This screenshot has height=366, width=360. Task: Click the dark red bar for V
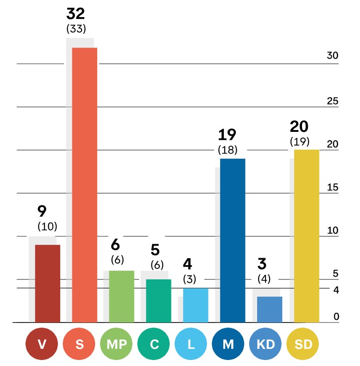[48, 283]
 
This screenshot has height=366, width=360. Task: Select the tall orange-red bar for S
[85, 185]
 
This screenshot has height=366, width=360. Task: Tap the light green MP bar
[122, 296]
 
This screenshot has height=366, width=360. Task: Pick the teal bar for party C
[159, 301]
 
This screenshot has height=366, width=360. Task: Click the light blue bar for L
[196, 305]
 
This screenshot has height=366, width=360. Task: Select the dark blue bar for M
[233, 240]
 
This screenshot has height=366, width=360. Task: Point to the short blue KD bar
[270, 309]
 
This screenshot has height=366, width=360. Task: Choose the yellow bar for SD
[307, 236]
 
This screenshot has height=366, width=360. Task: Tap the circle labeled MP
[115, 345]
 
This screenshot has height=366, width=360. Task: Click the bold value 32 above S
[76, 13]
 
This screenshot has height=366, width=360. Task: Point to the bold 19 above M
[227, 135]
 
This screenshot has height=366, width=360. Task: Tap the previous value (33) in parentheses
[76, 29]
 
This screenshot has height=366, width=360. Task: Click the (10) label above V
[47, 226]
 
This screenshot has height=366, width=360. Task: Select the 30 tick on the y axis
[333, 56]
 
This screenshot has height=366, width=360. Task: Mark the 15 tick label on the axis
[333, 187]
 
